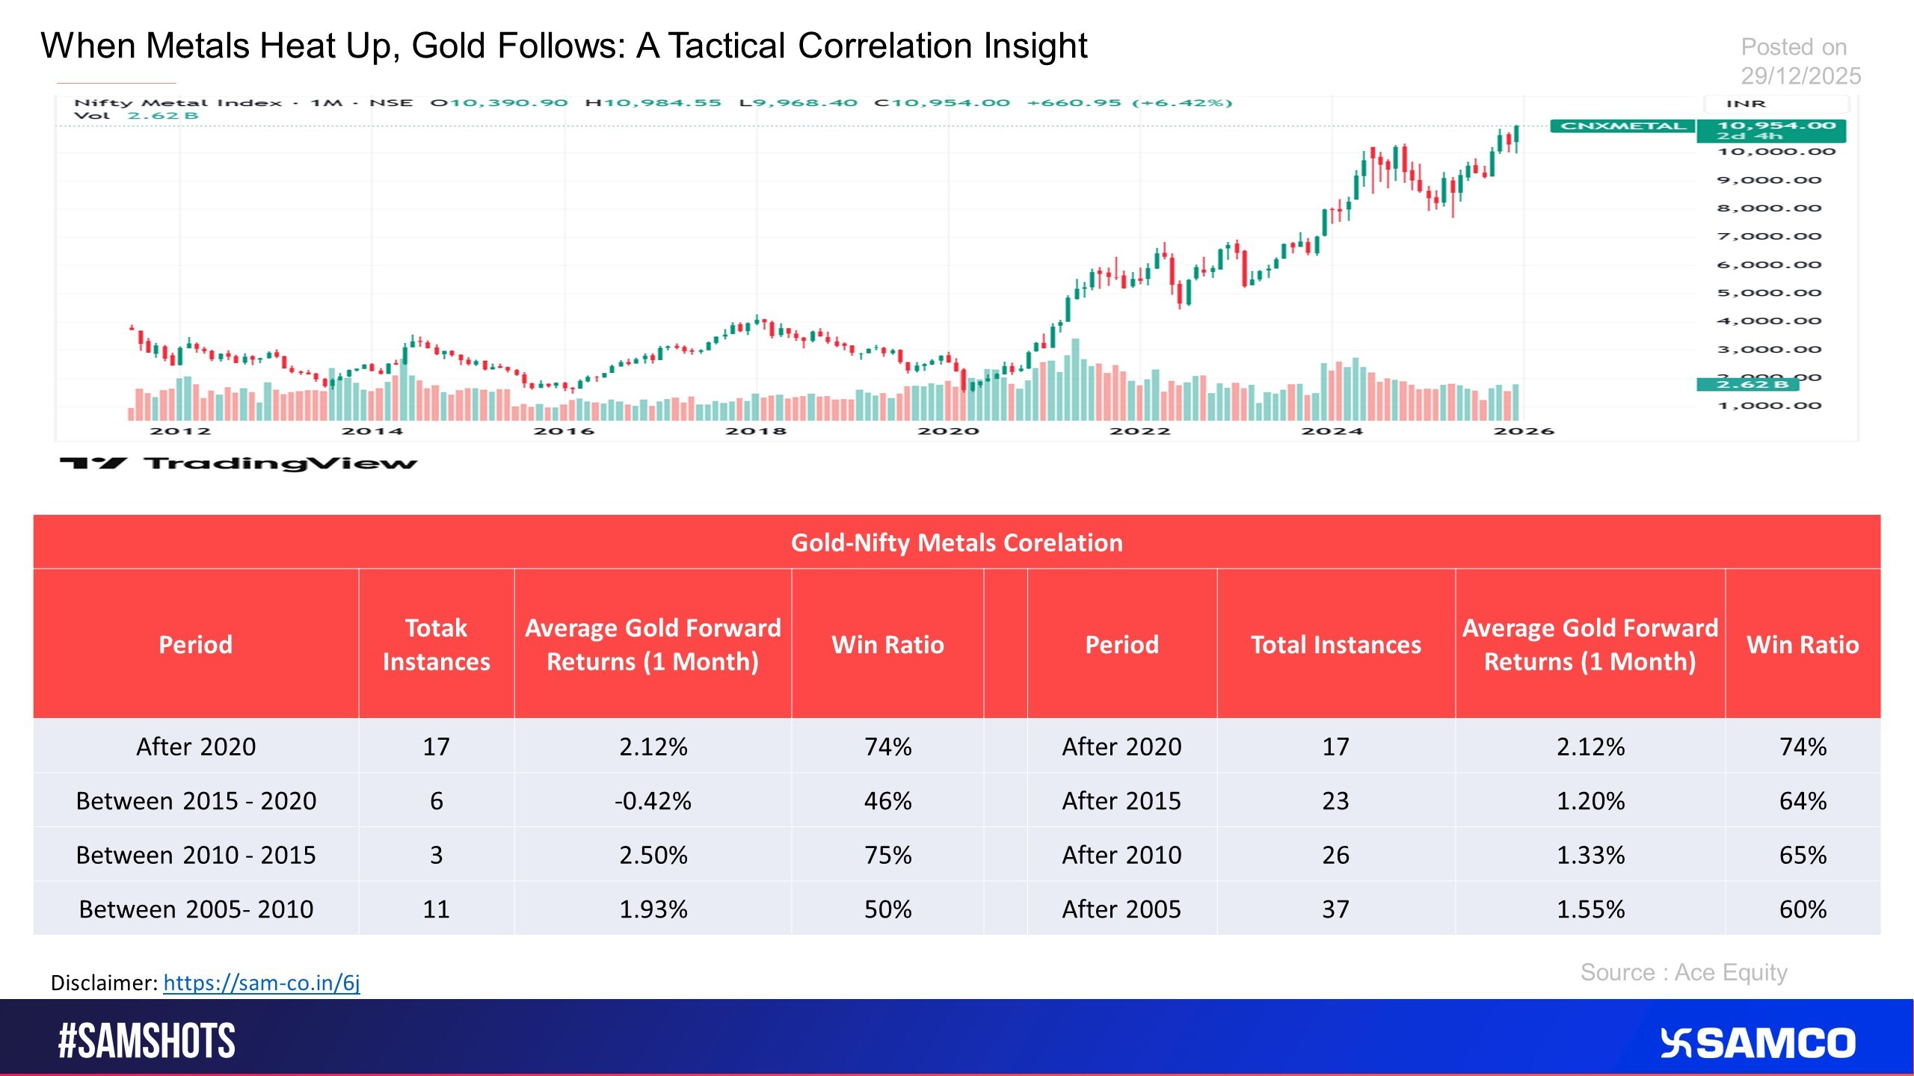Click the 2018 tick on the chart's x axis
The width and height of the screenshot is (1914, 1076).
[755, 431]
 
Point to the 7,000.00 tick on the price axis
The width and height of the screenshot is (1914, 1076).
[1768, 237]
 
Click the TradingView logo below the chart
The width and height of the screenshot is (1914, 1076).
[239, 463]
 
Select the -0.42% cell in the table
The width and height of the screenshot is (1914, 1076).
[653, 801]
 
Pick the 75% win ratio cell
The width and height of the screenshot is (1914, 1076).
[887, 855]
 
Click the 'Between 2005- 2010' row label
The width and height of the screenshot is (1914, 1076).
[196, 909]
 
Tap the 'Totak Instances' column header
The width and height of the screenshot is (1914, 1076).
[436, 644]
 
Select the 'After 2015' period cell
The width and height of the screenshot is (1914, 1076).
[1121, 801]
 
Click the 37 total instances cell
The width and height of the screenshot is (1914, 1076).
[1335, 909]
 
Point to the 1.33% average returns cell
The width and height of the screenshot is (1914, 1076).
[1590, 855]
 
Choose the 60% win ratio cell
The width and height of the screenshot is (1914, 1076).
[1803, 909]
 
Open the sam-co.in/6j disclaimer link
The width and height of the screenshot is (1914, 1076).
[262, 983]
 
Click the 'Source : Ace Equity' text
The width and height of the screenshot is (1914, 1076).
[1684, 972]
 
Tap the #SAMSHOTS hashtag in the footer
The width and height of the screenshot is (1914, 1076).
[147, 1042]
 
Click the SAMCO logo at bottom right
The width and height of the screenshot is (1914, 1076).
[1758, 1043]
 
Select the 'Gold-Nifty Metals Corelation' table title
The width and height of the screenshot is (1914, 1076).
[956, 542]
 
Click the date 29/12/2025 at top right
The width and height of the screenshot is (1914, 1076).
[1800, 75]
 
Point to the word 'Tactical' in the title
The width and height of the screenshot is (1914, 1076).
[726, 46]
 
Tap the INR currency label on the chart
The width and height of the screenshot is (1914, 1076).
[1746, 104]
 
